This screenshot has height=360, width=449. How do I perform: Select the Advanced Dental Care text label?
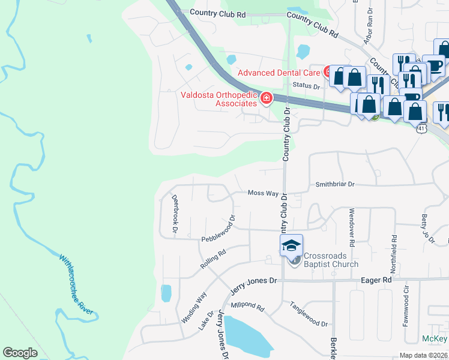tap(279, 73)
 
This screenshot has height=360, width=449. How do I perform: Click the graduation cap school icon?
tap(291, 245)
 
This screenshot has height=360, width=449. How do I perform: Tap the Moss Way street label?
tap(263, 193)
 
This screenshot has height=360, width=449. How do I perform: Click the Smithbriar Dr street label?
tap(335, 185)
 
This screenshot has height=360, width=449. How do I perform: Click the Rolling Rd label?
tap(213, 260)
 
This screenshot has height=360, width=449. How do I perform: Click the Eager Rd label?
tap(376, 280)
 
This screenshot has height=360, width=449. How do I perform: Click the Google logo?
tap(20, 353)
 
